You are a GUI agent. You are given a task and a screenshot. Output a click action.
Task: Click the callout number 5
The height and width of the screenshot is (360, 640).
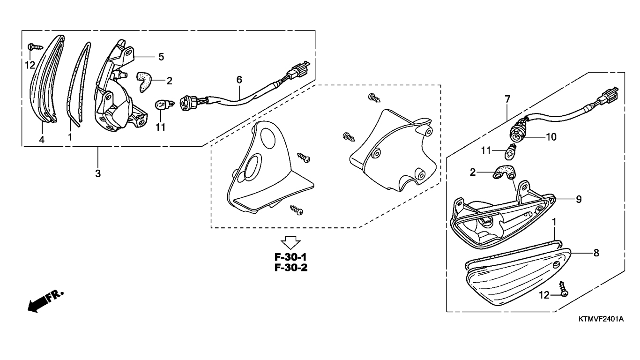[161, 57]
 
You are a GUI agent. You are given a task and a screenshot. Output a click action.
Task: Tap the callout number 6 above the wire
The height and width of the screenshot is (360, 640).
[239, 80]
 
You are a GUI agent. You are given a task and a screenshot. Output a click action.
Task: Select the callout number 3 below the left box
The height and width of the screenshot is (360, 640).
[98, 173]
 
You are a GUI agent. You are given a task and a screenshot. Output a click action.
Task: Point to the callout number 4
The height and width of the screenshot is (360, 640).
[42, 140]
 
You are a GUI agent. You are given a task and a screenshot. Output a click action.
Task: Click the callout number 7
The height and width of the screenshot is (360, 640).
[507, 99]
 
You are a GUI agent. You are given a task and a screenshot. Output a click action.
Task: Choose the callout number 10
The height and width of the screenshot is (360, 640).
[551, 137]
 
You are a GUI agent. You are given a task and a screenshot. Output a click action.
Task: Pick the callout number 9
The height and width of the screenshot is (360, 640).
[579, 199]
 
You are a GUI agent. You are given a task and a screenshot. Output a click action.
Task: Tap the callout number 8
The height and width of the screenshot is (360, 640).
[596, 253]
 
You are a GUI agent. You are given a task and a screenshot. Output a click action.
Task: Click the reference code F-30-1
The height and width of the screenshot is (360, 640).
[291, 257]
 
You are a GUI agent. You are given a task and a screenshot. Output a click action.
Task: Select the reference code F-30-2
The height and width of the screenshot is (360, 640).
[291, 268]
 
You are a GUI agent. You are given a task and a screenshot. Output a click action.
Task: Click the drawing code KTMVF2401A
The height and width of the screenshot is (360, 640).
[601, 319]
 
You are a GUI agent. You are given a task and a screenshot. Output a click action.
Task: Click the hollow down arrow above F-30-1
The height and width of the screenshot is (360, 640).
[290, 242]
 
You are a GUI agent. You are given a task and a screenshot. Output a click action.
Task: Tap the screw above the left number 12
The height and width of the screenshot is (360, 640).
[35, 46]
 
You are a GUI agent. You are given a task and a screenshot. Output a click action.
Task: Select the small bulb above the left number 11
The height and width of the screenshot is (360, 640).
[164, 104]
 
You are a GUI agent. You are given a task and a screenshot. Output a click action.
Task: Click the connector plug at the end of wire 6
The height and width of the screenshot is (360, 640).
[299, 70]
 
